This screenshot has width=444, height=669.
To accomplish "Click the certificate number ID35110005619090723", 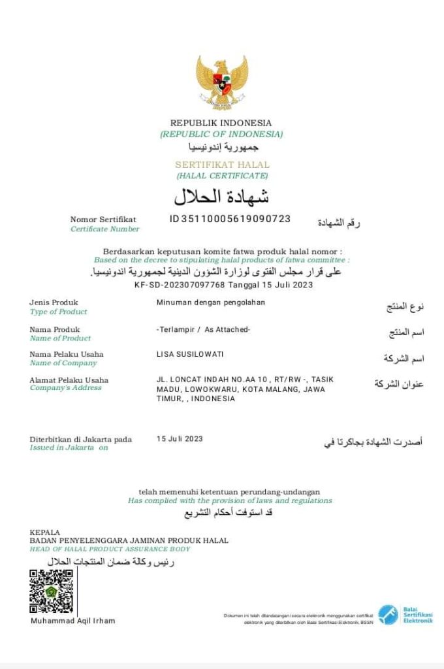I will (x=230, y=219).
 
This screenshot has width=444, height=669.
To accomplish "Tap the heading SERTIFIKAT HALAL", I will (x=222, y=165).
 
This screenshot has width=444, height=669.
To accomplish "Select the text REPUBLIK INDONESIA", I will (x=221, y=123).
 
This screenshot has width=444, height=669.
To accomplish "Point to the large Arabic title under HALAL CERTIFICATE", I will (x=221, y=196).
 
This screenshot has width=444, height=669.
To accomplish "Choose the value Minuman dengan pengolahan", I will (x=211, y=302).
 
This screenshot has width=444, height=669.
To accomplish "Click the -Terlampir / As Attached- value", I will (x=203, y=329).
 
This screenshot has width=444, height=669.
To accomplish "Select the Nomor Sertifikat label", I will (x=103, y=220).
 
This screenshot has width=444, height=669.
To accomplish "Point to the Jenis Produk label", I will (x=54, y=302).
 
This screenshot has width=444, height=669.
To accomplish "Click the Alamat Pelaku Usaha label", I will (x=69, y=380).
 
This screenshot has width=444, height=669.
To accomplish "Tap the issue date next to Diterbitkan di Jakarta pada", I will (x=180, y=439).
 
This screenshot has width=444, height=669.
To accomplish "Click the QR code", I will (x=52, y=591).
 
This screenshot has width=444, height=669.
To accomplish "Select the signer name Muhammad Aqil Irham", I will (x=73, y=621).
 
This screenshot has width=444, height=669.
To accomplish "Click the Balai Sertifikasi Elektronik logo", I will (x=405, y=615).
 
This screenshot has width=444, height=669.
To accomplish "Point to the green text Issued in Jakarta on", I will (x=69, y=448).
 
